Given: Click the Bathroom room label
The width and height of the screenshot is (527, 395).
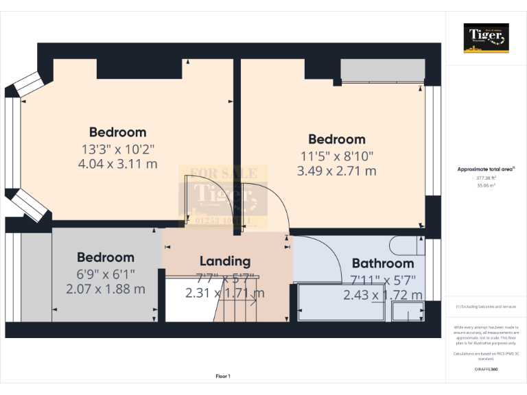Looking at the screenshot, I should tap(382, 263).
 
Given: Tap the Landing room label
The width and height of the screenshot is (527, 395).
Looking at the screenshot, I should tap(224, 261).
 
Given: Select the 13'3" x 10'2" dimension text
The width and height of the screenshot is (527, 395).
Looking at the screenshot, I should tap(118, 148).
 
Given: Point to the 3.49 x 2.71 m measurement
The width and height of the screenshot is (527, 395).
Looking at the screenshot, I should tap(336, 171).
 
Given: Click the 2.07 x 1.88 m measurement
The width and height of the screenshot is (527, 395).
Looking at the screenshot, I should tap(106, 289).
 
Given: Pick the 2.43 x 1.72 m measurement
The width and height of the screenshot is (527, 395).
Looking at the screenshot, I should tap(383, 295).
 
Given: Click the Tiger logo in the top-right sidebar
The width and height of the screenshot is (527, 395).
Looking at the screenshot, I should tap(487, 38).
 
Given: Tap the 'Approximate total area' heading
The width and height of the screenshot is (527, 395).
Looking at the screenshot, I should tap(487, 169).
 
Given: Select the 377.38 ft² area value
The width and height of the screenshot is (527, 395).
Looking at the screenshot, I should tap(487, 178).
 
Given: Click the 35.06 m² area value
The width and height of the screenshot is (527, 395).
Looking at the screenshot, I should tap(487, 185).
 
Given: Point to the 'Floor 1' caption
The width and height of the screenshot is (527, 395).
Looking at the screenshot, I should tap(223, 376).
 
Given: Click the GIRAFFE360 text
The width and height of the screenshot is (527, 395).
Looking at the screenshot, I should tap(487, 370).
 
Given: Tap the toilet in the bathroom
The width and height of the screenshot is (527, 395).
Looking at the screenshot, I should tap(406, 244).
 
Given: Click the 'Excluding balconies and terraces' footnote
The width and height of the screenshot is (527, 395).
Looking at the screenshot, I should tap(487, 307).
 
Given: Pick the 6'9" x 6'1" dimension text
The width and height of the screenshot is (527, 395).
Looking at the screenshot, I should tap(106, 274).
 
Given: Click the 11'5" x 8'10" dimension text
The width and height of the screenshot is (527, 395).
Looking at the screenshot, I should tap(336, 155).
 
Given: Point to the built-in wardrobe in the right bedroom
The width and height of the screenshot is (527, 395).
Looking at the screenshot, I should tap(381, 70).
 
